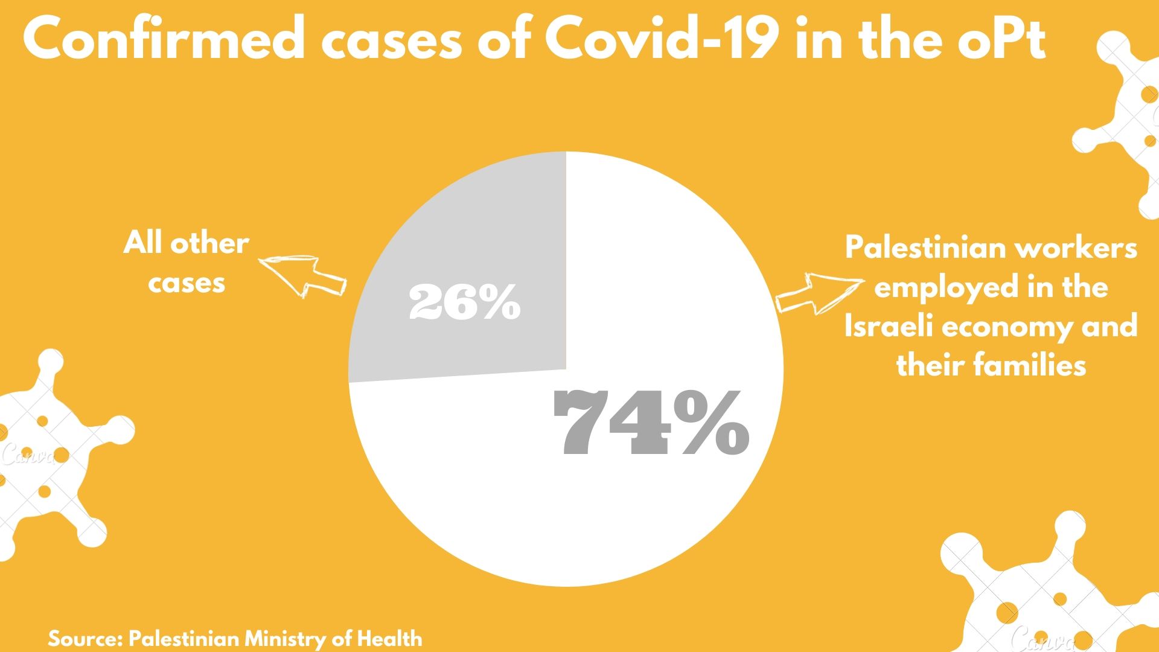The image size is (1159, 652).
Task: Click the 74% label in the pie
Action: [x=650, y=423]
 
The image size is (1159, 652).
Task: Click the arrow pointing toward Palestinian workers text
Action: [x=818, y=293]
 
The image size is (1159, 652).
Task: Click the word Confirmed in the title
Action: [x=163, y=39]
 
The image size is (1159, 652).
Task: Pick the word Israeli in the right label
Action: [x=888, y=326]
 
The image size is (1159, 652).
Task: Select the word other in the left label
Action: [x=209, y=243]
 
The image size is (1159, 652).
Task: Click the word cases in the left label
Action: [x=187, y=283]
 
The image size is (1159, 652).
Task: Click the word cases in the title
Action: [x=391, y=39]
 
